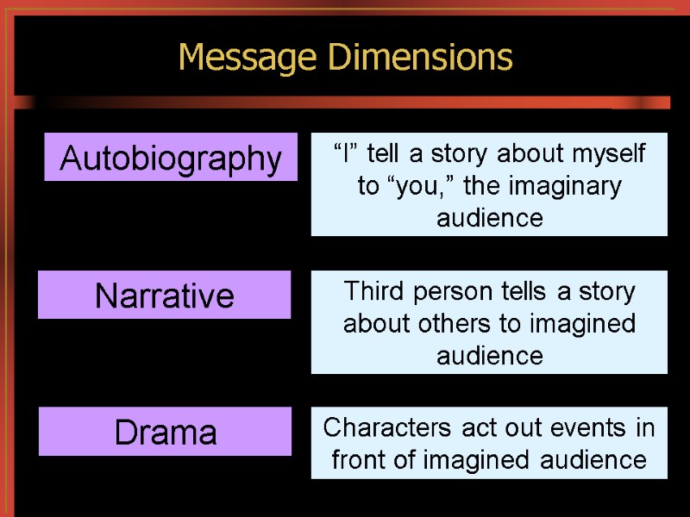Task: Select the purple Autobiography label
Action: [171, 159]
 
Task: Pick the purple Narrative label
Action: [165, 296]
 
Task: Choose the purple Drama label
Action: [166, 433]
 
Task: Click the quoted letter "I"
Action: [343, 155]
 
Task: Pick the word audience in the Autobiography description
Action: [490, 219]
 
